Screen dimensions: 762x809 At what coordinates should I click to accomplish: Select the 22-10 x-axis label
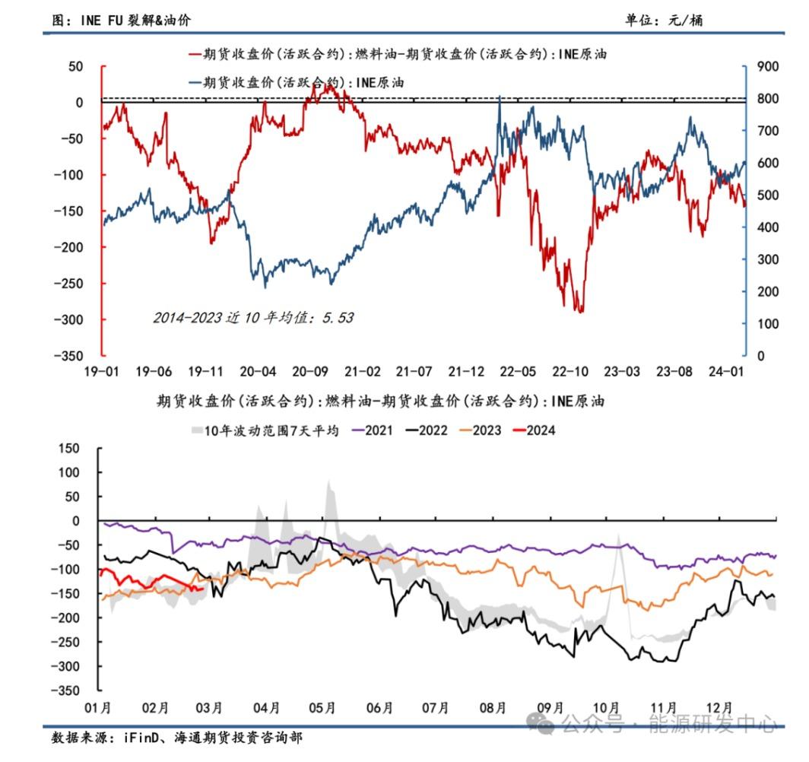click(569, 372)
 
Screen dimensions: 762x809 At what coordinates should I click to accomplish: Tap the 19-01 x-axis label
click(102, 372)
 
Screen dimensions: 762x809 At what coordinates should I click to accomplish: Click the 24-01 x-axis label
click(725, 372)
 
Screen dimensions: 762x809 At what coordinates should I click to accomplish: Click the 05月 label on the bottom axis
click(322, 708)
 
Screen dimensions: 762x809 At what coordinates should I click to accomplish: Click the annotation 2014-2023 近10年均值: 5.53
click(252, 318)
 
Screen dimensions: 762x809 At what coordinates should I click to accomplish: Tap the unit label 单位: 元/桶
click(664, 21)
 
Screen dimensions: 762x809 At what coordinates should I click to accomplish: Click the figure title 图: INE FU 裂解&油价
click(121, 21)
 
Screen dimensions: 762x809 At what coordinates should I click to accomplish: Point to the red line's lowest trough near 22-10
click(581, 311)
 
